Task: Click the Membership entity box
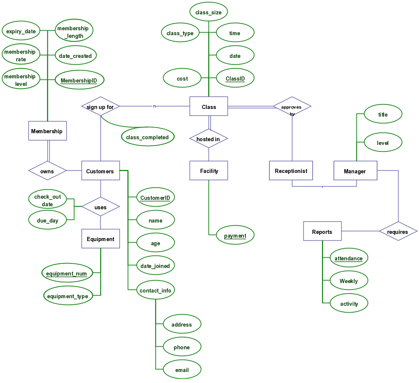pyautogui.click(x=47, y=131)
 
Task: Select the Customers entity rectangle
pyautogui.click(x=100, y=170)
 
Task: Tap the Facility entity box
pyautogui.click(x=209, y=170)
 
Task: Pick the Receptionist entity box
pyautogui.click(x=291, y=170)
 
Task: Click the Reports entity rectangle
pyautogui.click(x=322, y=231)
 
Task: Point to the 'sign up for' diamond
pyautogui.click(x=100, y=106)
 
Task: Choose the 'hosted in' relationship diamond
pyautogui.click(x=209, y=139)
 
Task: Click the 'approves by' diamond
pyautogui.click(x=292, y=106)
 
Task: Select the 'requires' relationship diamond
pyautogui.click(x=398, y=231)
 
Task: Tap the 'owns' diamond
pyautogui.click(x=47, y=170)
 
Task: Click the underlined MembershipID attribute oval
pyautogui.click(x=79, y=80)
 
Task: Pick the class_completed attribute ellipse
pyautogui.click(x=148, y=137)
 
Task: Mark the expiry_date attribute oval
pyautogui.click(x=21, y=30)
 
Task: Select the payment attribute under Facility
pyautogui.click(x=235, y=235)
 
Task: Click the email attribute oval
pyautogui.click(x=182, y=369)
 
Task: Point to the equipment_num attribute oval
pyautogui.click(x=67, y=272)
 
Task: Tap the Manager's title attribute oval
pyautogui.click(x=383, y=114)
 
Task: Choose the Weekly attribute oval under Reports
pyautogui.click(x=349, y=280)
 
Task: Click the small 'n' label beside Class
pyautogui.click(x=154, y=106)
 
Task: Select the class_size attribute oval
pyautogui.click(x=209, y=11)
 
